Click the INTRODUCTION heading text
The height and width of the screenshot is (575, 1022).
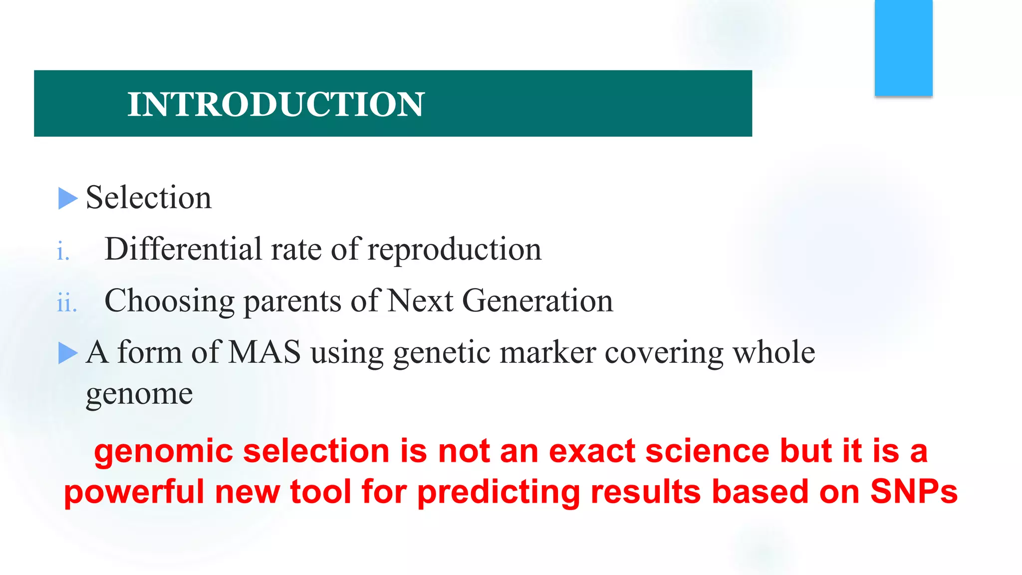coord(275,104)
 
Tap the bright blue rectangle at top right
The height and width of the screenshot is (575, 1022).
coord(903,48)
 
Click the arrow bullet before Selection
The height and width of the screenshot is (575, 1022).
coord(68,198)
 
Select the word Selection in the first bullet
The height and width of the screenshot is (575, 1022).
coord(149,198)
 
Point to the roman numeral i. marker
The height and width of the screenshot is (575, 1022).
coord(63,251)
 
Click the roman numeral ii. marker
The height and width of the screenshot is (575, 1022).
coord(67,303)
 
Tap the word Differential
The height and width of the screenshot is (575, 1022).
coord(183,249)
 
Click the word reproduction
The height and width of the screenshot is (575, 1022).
coord(454,250)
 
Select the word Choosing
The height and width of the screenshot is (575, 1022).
coord(170,301)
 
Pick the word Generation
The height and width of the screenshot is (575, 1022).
coord(537,301)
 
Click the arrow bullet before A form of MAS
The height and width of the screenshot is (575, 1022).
coord(68,353)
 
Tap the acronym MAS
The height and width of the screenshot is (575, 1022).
coord(264,352)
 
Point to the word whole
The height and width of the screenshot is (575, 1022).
coord(773,352)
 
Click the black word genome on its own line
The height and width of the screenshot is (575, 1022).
coord(139,394)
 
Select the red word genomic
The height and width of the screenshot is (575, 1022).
coord(163,451)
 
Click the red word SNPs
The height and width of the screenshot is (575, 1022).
coord(914,491)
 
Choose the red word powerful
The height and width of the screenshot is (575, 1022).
coord(134,492)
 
